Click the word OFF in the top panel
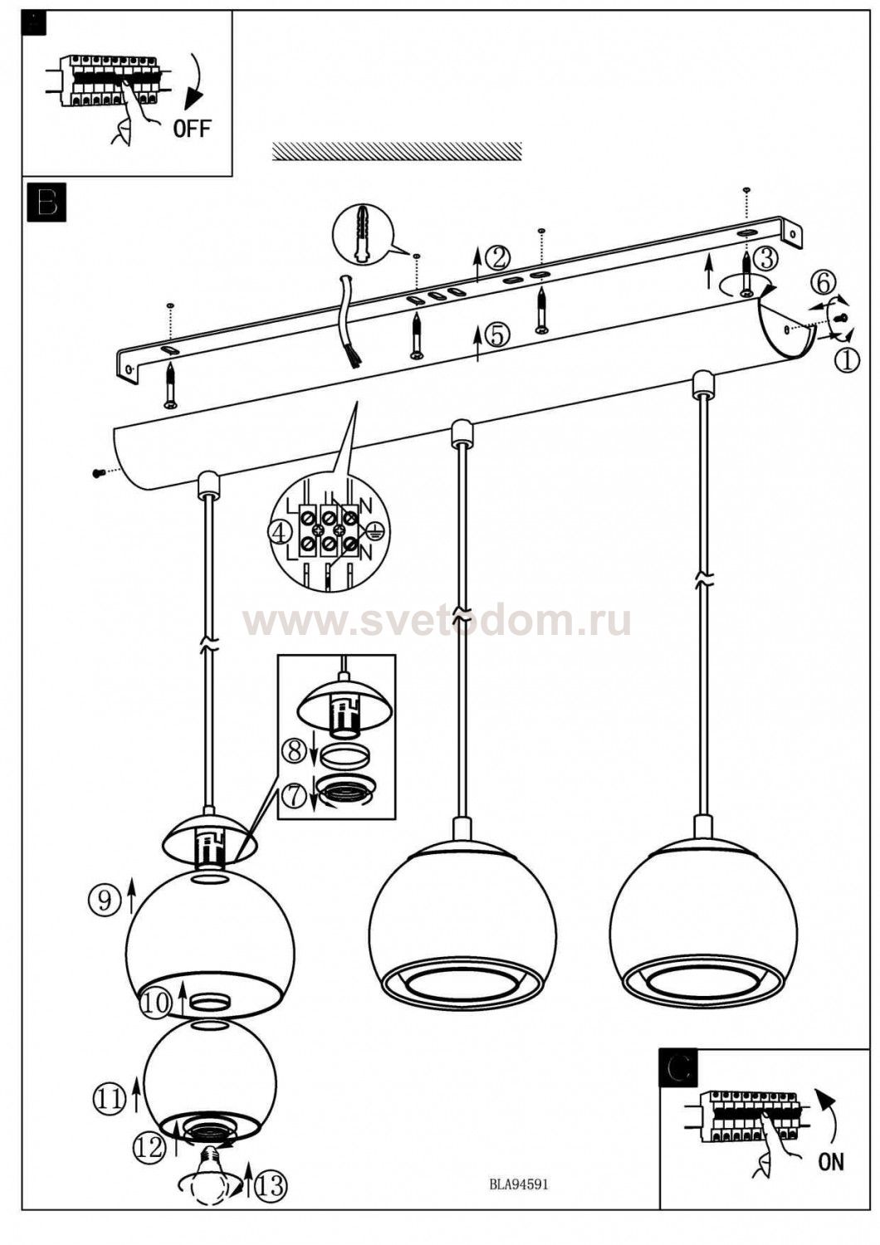click(192, 129)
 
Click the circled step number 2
click(497, 257)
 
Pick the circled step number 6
click(822, 283)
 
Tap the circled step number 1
click(847, 360)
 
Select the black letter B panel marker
click(46, 203)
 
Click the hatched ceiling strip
click(397, 150)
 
